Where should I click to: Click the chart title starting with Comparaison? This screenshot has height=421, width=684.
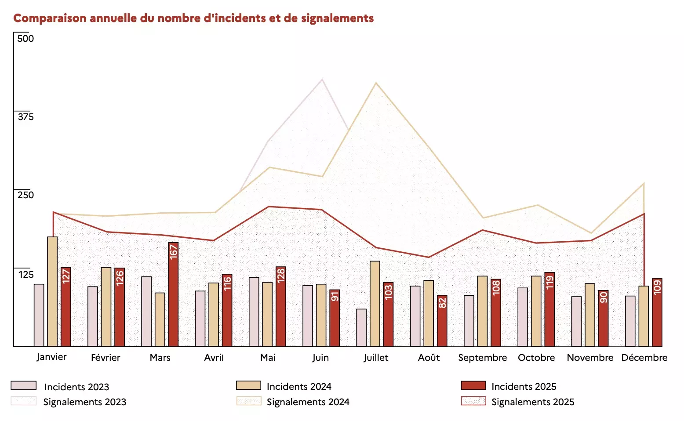coord(193,18)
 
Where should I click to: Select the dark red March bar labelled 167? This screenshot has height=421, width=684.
coord(173,294)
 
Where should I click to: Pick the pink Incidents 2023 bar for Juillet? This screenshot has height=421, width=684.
coord(361,327)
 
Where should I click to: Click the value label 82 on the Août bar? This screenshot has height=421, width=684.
coord(442,302)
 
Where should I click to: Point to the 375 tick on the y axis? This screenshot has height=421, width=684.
coord(25,116)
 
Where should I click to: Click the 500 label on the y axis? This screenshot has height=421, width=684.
coord(25,38)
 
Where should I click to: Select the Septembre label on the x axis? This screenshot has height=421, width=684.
coord(482,358)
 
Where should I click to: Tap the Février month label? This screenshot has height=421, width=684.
coord(106,358)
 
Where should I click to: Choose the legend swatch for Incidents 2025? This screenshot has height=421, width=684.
coord(473,386)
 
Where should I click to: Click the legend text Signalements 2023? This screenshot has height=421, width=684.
coord(84,402)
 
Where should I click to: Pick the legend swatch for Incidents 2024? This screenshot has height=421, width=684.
coord(248,386)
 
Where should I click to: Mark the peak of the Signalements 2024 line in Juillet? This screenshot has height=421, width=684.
coord(375,83)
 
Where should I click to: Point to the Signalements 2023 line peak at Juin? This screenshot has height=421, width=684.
coord(322,80)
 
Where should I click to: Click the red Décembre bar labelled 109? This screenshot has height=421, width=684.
coord(657,312)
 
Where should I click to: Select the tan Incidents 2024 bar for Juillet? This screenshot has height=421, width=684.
coord(375,304)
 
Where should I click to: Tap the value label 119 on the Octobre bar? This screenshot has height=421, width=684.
coord(549,283)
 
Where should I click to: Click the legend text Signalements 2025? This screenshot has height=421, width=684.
coord(533,402)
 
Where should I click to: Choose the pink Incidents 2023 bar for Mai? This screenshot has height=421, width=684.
coord(254,312)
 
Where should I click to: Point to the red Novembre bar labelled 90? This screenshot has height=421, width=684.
coord(603,318)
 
